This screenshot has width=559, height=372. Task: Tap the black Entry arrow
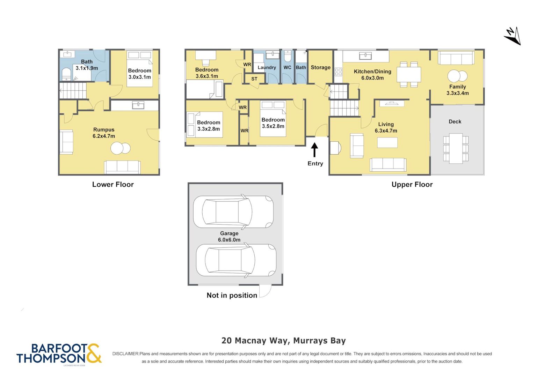coord(314,150)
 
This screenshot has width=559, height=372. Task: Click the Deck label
coord(455,121)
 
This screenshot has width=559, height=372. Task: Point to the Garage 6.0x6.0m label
coord(229,236)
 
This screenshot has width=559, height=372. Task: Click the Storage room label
coord(320,67)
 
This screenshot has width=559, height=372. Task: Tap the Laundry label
coord(267,67)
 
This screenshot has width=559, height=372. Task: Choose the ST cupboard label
coord(254,79)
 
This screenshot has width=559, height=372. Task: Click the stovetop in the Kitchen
coord(339,72)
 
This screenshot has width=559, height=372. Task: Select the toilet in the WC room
coord(288,56)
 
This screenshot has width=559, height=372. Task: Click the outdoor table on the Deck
coord(456,148)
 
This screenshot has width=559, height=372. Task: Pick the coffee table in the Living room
coord(387,143)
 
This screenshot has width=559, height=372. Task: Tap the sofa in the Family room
coord(456,58)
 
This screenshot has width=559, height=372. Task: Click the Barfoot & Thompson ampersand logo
coord(94,353)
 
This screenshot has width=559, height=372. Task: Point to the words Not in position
coord(232,295)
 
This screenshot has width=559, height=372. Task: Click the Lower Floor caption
coord(113,184)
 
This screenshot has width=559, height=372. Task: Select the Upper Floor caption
coord(412,185)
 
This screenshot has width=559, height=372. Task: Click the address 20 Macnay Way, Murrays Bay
coord(284,341)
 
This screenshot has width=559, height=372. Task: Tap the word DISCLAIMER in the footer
coord(125,354)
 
